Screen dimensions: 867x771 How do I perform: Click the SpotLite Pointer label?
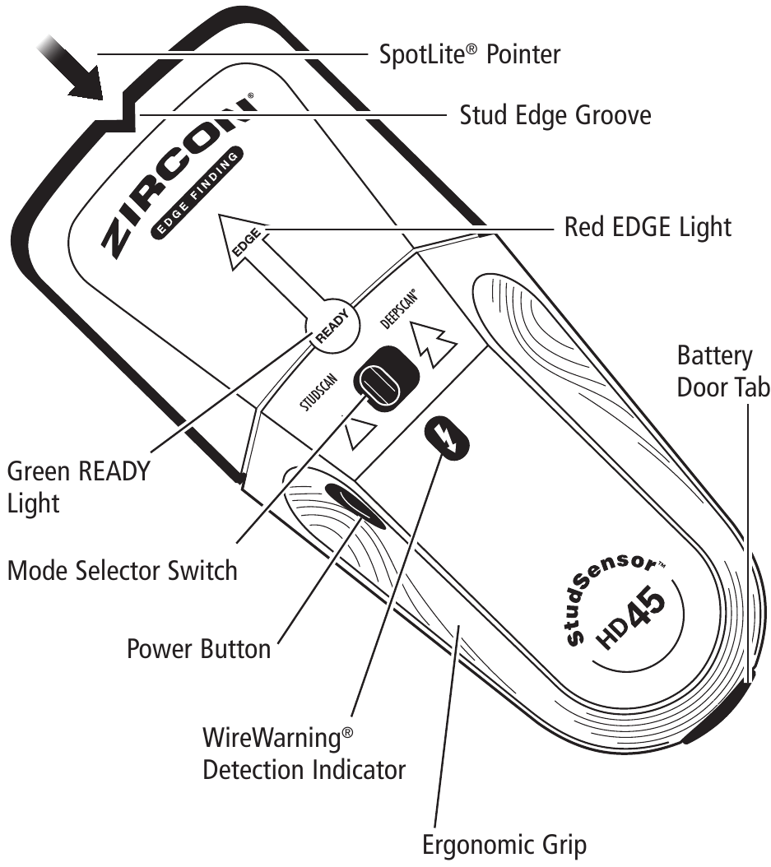tap(469, 55)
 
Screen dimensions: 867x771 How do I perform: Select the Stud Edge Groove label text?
tap(555, 115)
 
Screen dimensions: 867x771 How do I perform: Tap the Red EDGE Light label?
tap(647, 226)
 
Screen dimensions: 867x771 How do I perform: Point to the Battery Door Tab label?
tap(722, 372)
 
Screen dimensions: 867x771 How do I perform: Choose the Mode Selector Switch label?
tap(122, 569)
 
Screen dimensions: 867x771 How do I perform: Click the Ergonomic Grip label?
tap(504, 845)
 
